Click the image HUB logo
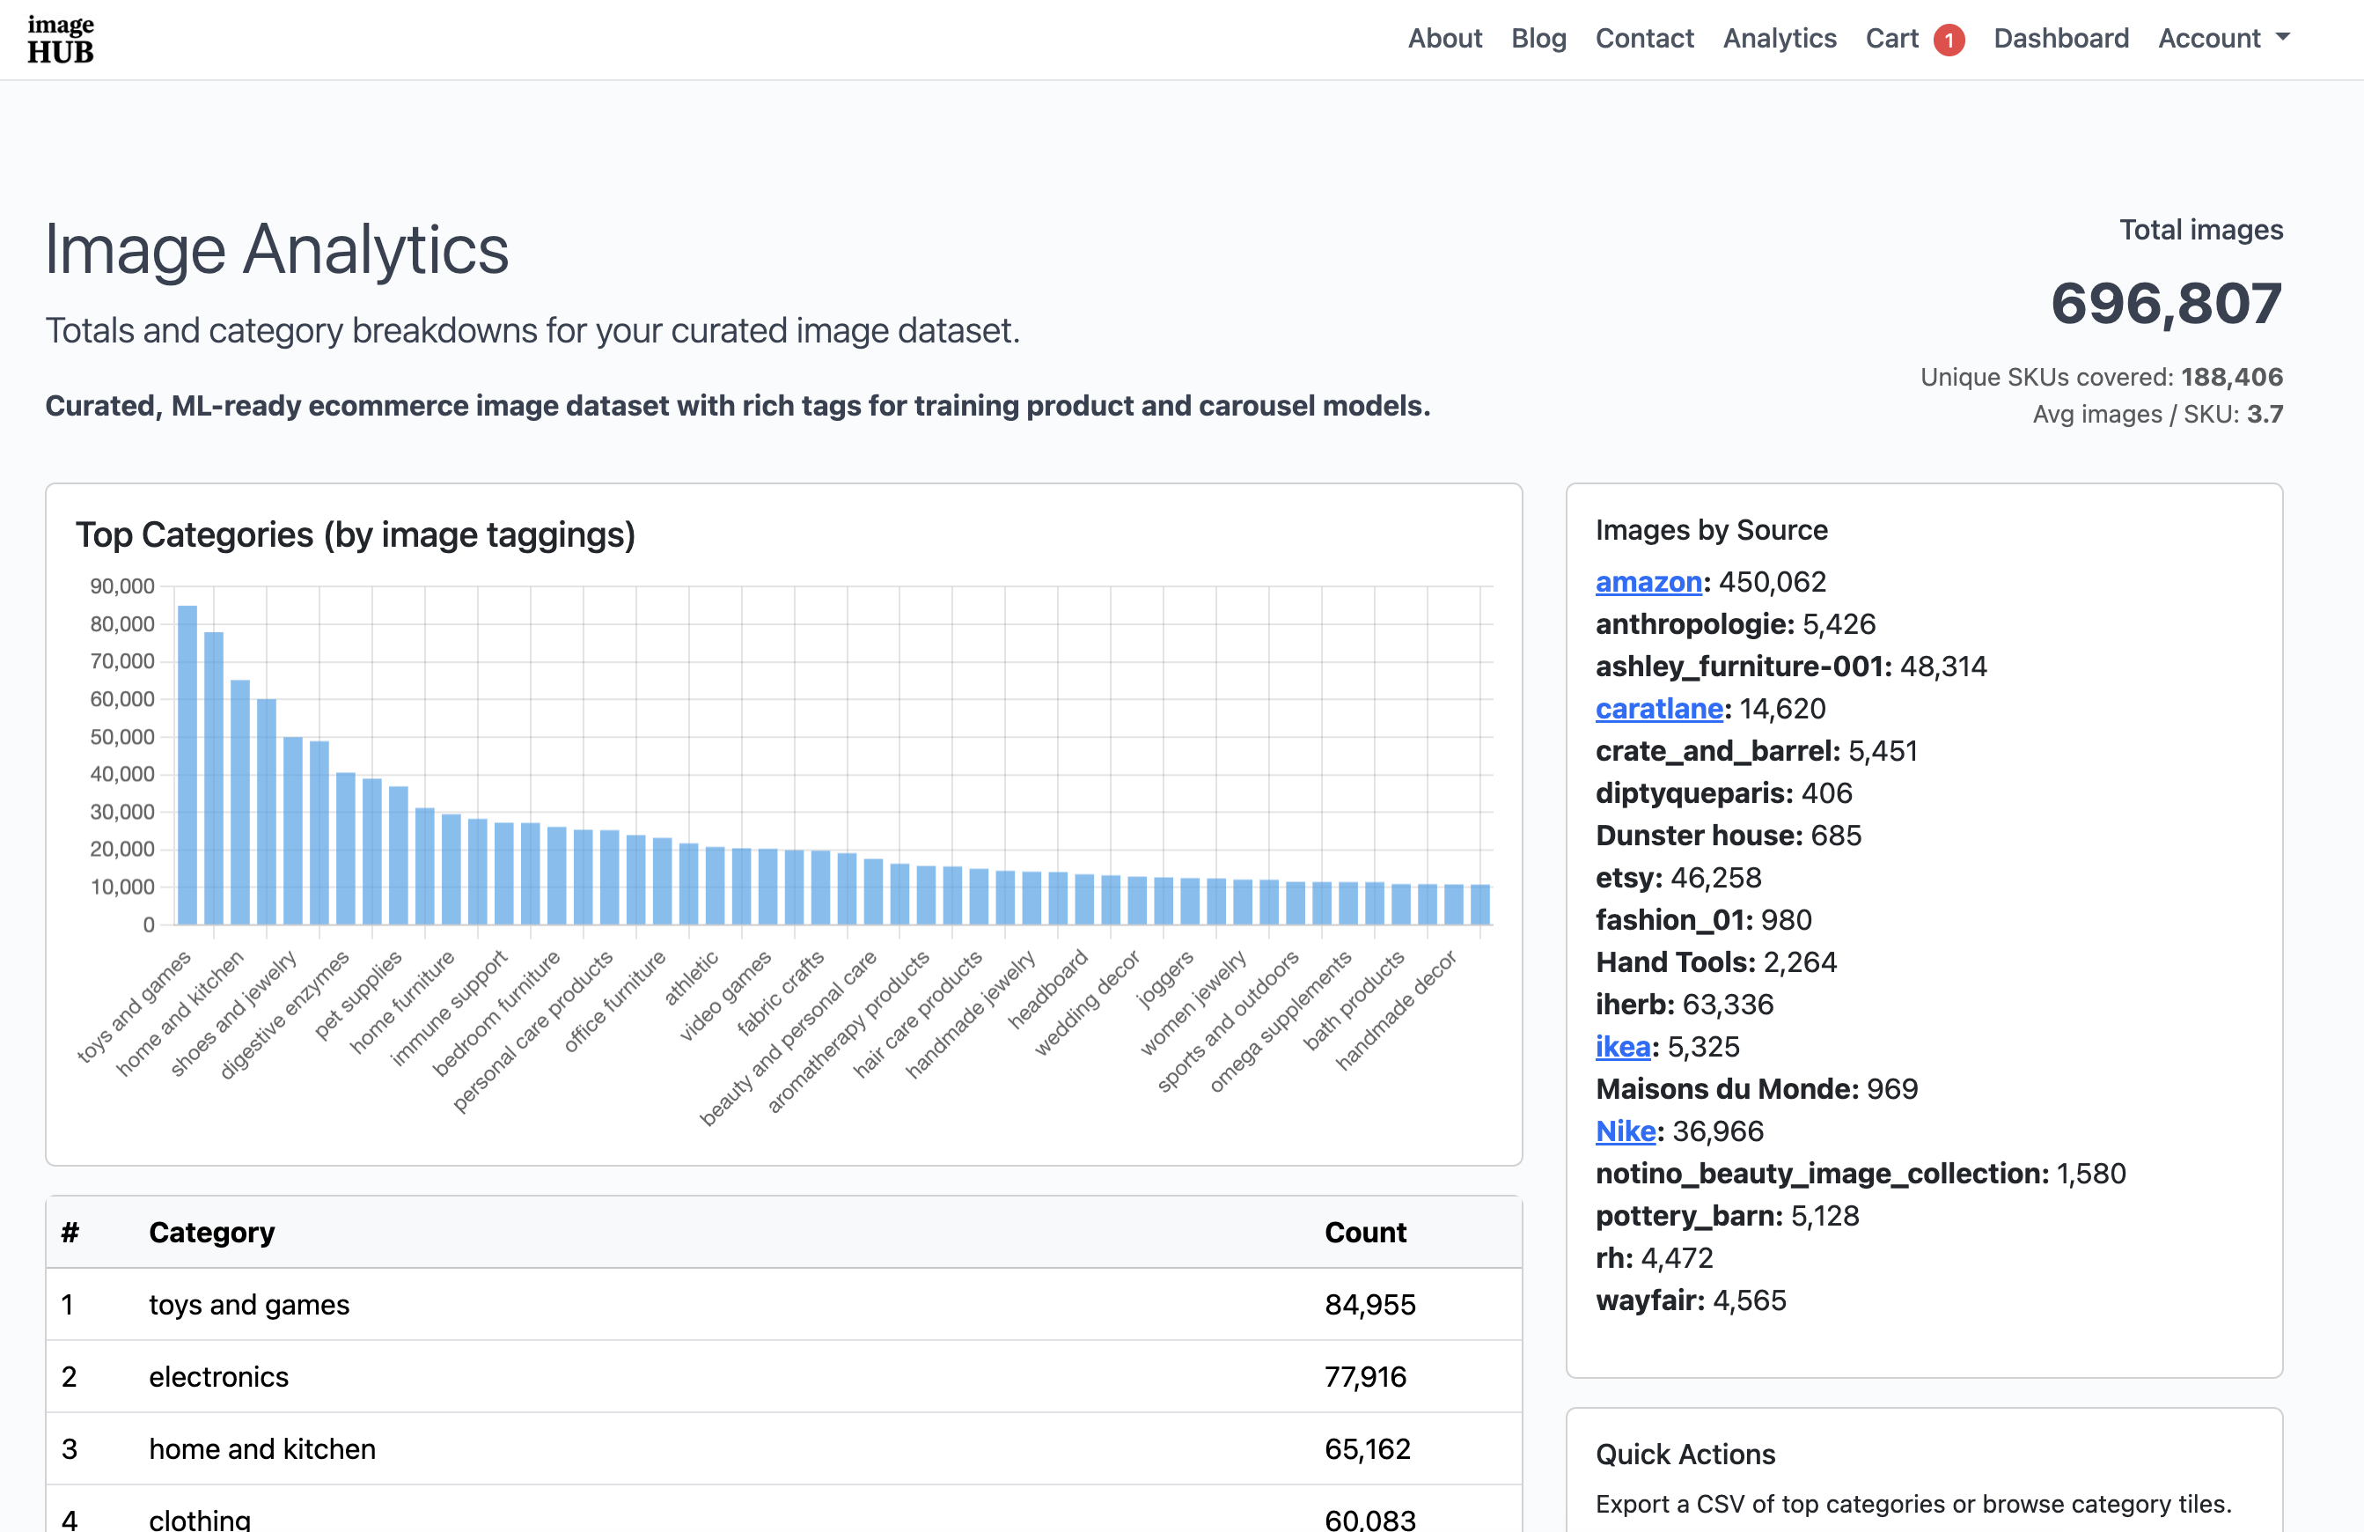coord(61,40)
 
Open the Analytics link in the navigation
coord(1779,38)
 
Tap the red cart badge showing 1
coord(1948,40)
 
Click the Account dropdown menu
coord(2223,38)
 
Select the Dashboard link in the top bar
coord(2060,38)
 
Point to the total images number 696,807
coord(2165,303)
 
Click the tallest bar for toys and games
coord(187,765)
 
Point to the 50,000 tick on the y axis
coord(122,736)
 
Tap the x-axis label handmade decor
coord(1396,1009)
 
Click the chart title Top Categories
coord(355,534)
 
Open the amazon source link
coord(1648,581)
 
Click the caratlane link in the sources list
coord(1658,709)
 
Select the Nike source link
coord(1625,1131)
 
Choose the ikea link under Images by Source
coord(1622,1046)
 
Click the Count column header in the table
coord(1365,1232)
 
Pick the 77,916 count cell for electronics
coord(1365,1376)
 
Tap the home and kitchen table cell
coord(262,1448)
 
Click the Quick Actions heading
coord(1685,1454)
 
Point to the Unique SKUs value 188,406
coord(2231,377)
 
